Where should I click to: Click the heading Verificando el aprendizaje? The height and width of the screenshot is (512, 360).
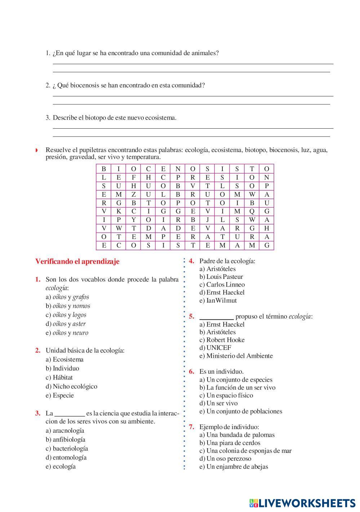(x=77, y=262)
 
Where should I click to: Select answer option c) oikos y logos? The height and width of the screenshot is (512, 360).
(x=66, y=315)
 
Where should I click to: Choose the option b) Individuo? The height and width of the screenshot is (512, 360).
(x=62, y=368)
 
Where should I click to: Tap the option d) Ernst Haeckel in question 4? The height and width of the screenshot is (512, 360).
(x=222, y=292)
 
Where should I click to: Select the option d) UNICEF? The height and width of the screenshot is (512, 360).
(x=215, y=348)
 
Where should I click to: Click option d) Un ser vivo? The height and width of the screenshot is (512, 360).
(x=219, y=403)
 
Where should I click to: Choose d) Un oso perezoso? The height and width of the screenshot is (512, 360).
(x=225, y=459)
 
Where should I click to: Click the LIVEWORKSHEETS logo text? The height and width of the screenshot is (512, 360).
(x=307, y=503)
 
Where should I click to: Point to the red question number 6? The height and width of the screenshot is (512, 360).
(x=192, y=371)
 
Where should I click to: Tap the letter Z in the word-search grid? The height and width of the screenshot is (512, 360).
(x=134, y=195)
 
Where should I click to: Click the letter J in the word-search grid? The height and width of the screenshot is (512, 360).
(x=208, y=220)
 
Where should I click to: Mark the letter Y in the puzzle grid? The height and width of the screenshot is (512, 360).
(x=134, y=220)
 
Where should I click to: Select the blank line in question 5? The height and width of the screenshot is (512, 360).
(x=216, y=317)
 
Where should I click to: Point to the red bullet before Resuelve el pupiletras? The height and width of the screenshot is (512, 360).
(x=36, y=150)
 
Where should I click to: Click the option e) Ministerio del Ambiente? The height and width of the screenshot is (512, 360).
(x=236, y=356)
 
